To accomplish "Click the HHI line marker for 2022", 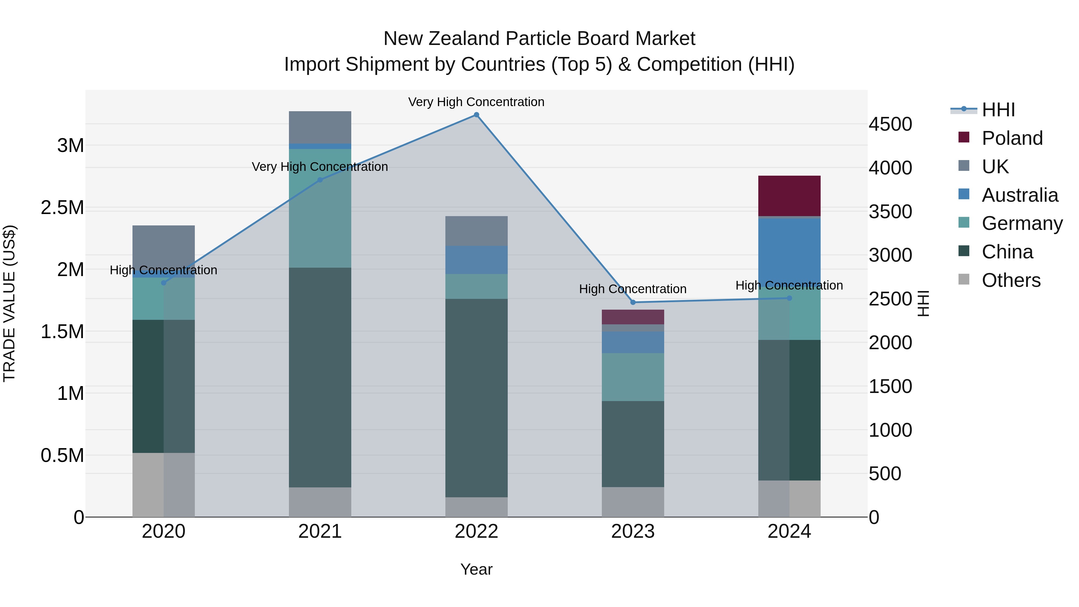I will [x=476, y=115].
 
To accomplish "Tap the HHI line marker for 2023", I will [x=633, y=302].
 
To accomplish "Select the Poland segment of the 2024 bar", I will [x=789, y=196].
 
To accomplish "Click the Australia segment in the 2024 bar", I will [x=789, y=251].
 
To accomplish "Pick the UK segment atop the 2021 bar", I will [x=320, y=127].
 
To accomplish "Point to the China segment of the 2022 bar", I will [x=476, y=398].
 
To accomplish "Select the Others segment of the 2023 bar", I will [x=633, y=502].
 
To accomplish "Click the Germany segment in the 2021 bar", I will [x=320, y=208].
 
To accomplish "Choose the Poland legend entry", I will [x=1012, y=138].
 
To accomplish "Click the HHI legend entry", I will [x=998, y=110].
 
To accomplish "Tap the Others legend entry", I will [x=1011, y=280].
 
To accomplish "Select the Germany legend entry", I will [x=1022, y=223].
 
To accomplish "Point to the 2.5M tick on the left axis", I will [x=62, y=208].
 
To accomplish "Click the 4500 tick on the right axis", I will [x=890, y=124].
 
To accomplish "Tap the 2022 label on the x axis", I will [x=476, y=531].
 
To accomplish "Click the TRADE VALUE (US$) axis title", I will [x=9, y=303].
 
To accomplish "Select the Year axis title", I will [x=476, y=569].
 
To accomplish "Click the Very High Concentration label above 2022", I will [x=476, y=102].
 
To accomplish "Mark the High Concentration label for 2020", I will [x=163, y=270].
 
